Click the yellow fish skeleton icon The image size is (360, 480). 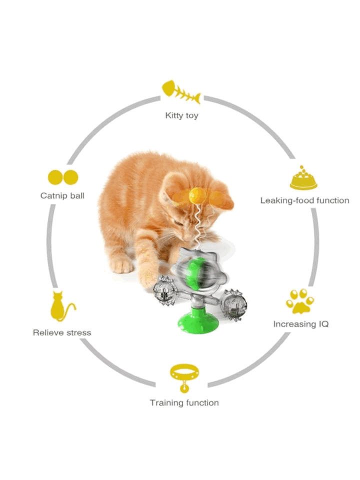point(181,92)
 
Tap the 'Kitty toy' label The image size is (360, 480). point(181,115)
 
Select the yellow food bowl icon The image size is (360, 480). point(303,178)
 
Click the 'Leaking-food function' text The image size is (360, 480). point(304,200)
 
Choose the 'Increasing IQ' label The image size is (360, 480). point(301,324)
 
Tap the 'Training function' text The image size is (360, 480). point(184,402)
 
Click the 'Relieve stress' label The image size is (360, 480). point(62,332)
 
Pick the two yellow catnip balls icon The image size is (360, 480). point(63,177)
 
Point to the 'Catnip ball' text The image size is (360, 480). point(62,195)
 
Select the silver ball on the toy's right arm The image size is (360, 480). point(234,302)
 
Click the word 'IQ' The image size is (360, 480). point(323,324)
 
